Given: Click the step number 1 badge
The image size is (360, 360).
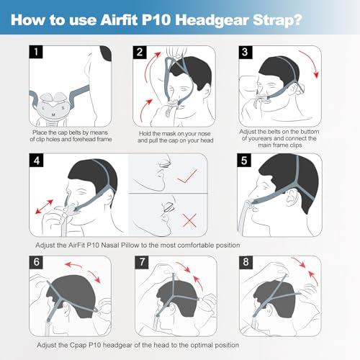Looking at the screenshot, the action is click(36, 52).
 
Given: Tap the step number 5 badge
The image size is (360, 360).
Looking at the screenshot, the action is click(244, 160).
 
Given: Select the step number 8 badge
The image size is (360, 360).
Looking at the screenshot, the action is click(246, 262).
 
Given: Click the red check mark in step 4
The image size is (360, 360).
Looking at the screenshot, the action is click(187, 176).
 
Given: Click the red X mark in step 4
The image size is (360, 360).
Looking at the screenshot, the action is click(189, 220).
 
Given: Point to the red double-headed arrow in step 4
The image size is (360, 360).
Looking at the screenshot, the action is click(44, 207).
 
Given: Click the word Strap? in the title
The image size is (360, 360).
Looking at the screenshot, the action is click(277, 20).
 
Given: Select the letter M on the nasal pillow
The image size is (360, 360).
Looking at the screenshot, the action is click(53, 114).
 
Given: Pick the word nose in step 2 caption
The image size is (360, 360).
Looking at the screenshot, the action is click(204, 134).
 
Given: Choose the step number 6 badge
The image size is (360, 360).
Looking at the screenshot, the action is click(36, 262).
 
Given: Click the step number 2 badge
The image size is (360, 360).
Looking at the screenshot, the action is click(140, 52).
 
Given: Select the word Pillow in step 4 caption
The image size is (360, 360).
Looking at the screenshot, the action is click(130, 246).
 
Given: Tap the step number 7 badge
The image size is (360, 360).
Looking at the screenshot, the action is click(142, 262).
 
